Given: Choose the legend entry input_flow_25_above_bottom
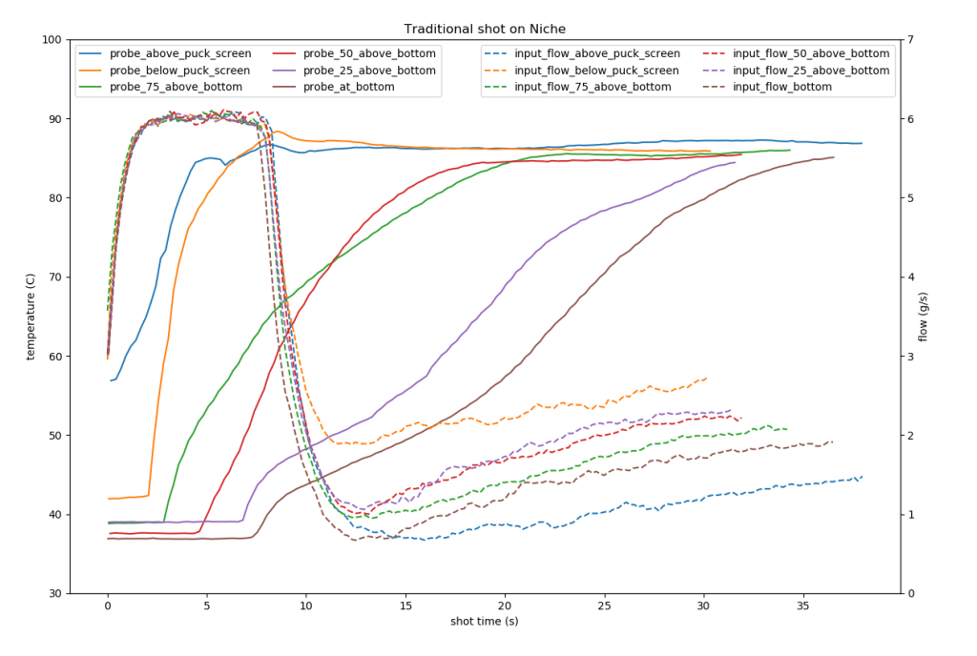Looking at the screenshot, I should (x=797, y=71).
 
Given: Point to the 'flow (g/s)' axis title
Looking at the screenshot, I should (x=923, y=317).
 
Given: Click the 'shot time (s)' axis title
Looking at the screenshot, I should (x=484, y=622).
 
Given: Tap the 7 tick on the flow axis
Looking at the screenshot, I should (x=912, y=40).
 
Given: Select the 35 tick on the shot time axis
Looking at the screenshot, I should (x=802, y=605).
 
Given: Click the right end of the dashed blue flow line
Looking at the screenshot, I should (x=862, y=476).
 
